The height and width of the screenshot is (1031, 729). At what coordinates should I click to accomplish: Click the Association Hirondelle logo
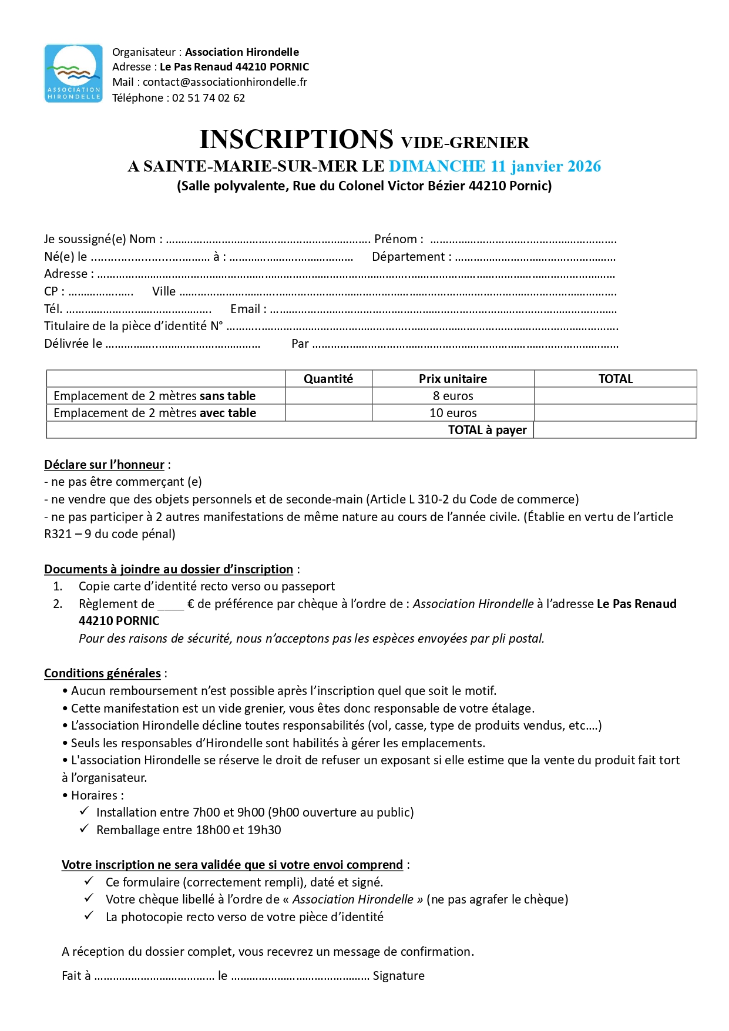pyautogui.click(x=73, y=73)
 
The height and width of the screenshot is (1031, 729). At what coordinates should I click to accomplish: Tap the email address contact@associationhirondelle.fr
pyautogui.click(x=224, y=82)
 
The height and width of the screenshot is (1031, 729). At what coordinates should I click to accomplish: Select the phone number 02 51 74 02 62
pyautogui.click(x=208, y=98)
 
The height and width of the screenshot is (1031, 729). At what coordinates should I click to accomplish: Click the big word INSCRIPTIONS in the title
pyautogui.click(x=296, y=140)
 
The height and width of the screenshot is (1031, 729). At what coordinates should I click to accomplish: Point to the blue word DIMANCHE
pyautogui.click(x=437, y=166)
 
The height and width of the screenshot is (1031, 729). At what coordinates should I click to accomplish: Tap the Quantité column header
pyautogui.click(x=328, y=379)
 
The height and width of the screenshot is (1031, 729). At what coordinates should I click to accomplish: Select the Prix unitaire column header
pyautogui.click(x=452, y=379)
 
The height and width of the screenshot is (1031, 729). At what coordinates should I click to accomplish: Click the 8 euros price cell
pyautogui.click(x=453, y=396)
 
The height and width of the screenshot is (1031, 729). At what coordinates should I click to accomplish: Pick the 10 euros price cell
pyautogui.click(x=453, y=413)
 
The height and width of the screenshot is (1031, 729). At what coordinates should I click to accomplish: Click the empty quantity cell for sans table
pyautogui.click(x=328, y=396)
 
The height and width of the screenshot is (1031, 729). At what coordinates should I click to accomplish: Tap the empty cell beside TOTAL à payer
pyautogui.click(x=614, y=430)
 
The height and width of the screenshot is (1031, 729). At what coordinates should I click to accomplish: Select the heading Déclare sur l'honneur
pyautogui.click(x=104, y=465)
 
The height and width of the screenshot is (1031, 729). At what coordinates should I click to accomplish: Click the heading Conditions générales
pyautogui.click(x=102, y=673)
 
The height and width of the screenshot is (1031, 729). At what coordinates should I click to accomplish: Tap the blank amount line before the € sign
pyautogui.click(x=170, y=605)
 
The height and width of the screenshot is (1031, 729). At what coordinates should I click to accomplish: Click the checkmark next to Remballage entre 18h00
pyautogui.click(x=85, y=829)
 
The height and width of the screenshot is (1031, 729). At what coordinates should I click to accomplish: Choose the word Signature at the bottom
pyautogui.click(x=398, y=976)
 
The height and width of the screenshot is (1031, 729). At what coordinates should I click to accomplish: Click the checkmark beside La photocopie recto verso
pyautogui.click(x=89, y=916)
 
